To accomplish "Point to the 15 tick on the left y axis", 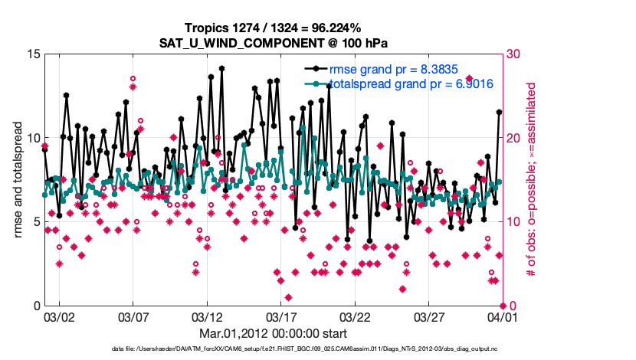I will click(x=33, y=54).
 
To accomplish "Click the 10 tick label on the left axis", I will click(x=33, y=138).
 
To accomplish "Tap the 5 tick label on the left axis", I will click(x=36, y=222).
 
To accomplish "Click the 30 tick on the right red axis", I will click(x=513, y=54).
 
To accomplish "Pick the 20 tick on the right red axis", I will click(x=513, y=138).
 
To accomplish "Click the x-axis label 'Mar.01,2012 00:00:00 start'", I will click(x=274, y=333).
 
